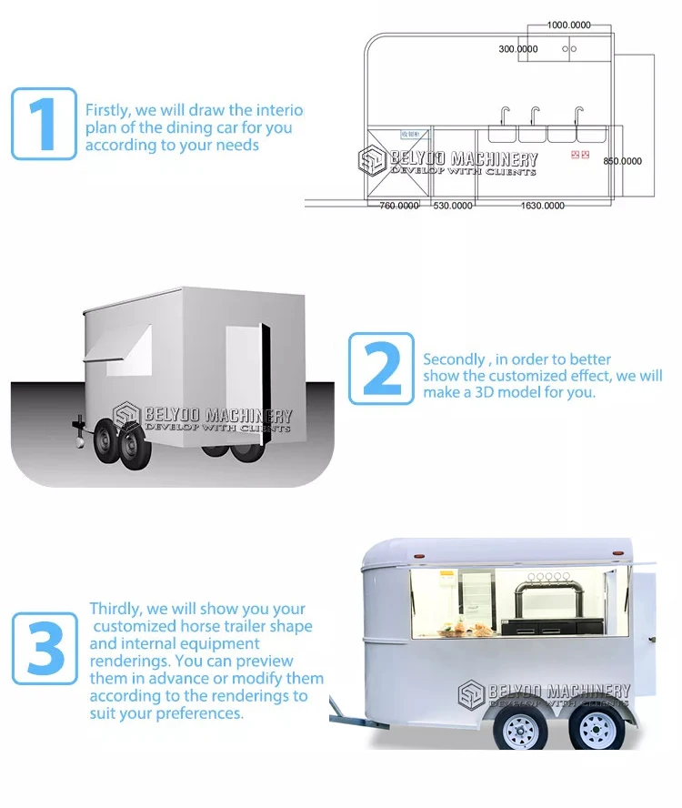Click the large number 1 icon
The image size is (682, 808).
[x=44, y=124]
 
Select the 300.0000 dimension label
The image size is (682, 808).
[x=518, y=48]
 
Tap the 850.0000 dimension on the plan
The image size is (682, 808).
[x=623, y=161]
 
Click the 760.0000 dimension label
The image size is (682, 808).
[x=398, y=206]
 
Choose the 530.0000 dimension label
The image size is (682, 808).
[x=453, y=206]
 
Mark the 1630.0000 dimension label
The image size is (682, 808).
[x=542, y=206]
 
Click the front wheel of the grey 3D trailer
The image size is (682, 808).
[x=132, y=448]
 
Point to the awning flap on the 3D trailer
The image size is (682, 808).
[x=127, y=351]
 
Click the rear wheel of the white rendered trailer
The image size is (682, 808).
[x=597, y=730]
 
